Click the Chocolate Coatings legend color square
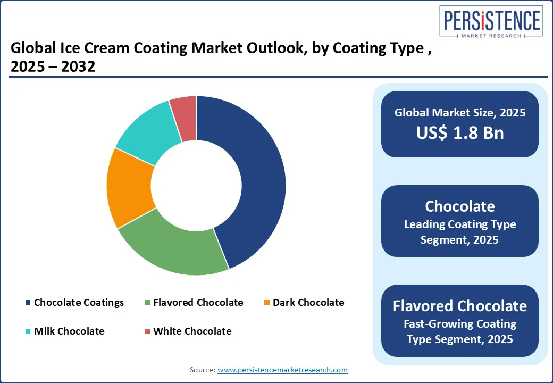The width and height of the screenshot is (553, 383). pyautogui.click(x=28, y=303)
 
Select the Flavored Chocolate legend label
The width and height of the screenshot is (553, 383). pyautogui.click(x=198, y=303)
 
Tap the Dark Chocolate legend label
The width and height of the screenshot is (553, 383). pyautogui.click(x=308, y=303)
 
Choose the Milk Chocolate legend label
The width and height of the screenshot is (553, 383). pyautogui.click(x=69, y=331)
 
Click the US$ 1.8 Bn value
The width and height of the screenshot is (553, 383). pyautogui.click(x=460, y=133)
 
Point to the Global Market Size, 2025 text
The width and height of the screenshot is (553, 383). pyautogui.click(x=460, y=112)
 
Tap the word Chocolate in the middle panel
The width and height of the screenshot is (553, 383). pyautogui.click(x=460, y=206)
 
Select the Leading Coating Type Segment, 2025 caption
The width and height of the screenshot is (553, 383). pyautogui.click(x=460, y=232)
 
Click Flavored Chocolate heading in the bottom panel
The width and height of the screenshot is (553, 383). pyautogui.click(x=460, y=306)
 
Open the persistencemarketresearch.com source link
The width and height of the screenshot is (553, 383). pyautogui.click(x=282, y=370)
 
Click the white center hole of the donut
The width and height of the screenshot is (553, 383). pyautogui.click(x=196, y=186)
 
